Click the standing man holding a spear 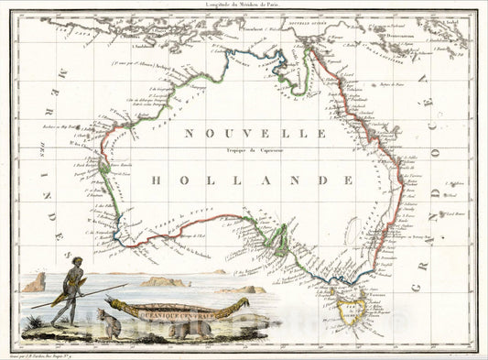68,293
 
